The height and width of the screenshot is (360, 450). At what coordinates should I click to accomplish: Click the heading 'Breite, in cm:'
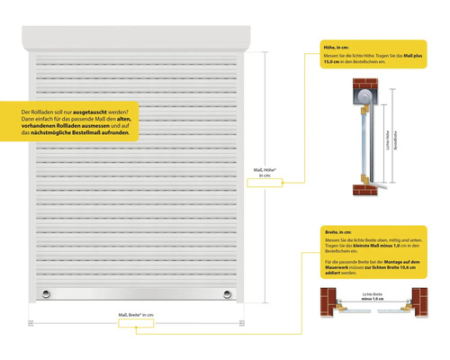(x=337, y=232)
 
